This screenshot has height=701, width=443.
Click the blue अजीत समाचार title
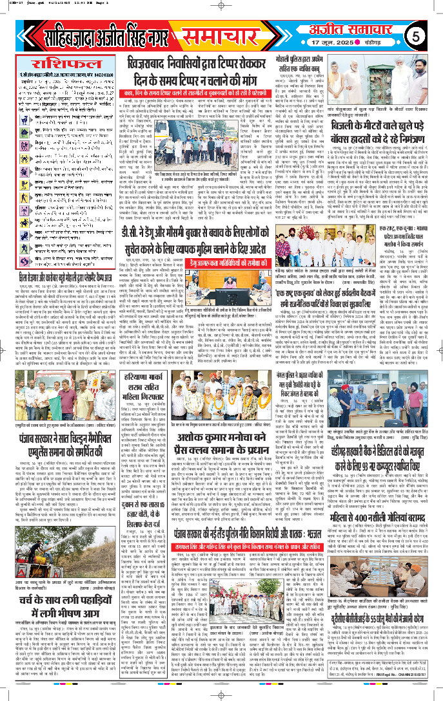[x=361, y=28]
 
